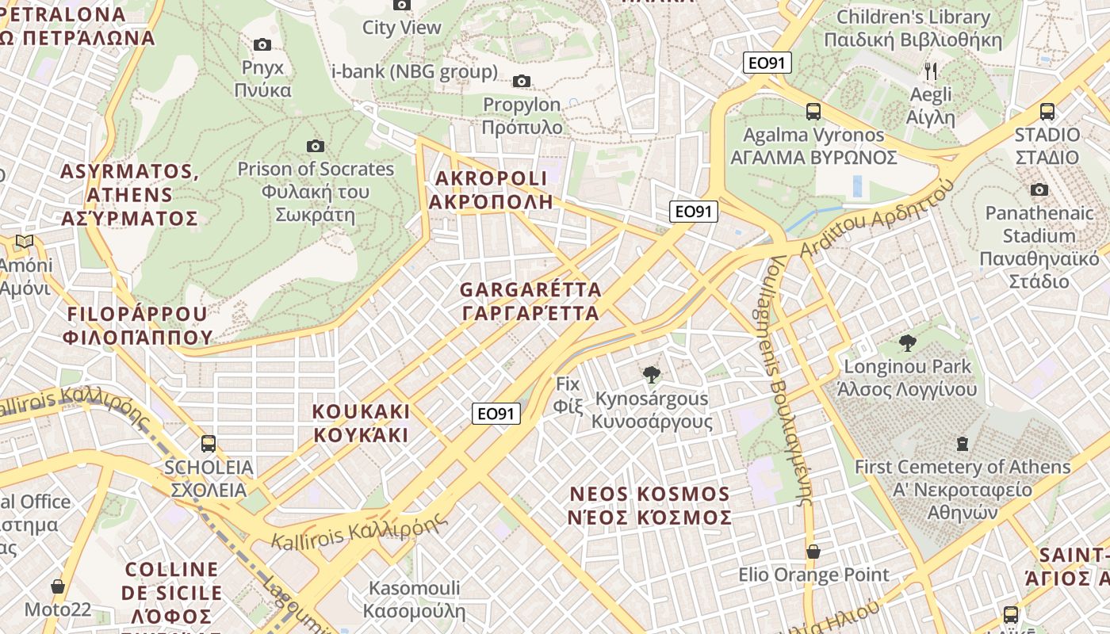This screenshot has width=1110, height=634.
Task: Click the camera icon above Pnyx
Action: click(262, 45)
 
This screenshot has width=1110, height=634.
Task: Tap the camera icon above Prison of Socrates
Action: click(316, 146)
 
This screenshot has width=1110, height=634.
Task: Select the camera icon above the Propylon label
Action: click(522, 81)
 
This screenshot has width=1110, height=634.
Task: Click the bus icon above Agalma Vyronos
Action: click(813, 112)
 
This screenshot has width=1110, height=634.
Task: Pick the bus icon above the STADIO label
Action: click(1047, 112)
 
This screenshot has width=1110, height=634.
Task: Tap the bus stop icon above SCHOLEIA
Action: click(209, 444)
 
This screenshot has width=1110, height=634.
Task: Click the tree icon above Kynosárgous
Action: click(652, 374)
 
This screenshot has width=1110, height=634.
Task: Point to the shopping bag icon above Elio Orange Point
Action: click(813, 552)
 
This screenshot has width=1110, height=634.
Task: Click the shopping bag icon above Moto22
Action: click(58, 587)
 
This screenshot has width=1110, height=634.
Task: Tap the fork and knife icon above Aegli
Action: click(931, 71)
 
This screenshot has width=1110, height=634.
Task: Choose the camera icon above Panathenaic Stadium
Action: click(1039, 189)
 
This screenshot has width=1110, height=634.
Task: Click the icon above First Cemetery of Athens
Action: click(963, 443)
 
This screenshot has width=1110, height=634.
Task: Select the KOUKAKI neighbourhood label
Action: click(362, 423)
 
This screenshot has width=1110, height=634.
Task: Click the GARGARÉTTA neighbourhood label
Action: click(530, 301)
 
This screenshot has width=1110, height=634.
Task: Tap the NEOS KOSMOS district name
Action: click(650, 506)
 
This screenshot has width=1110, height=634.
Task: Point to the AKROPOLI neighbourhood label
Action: click(489, 189)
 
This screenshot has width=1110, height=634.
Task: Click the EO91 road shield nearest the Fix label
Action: click(496, 413)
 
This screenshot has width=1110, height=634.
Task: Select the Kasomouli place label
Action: click(413, 599)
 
